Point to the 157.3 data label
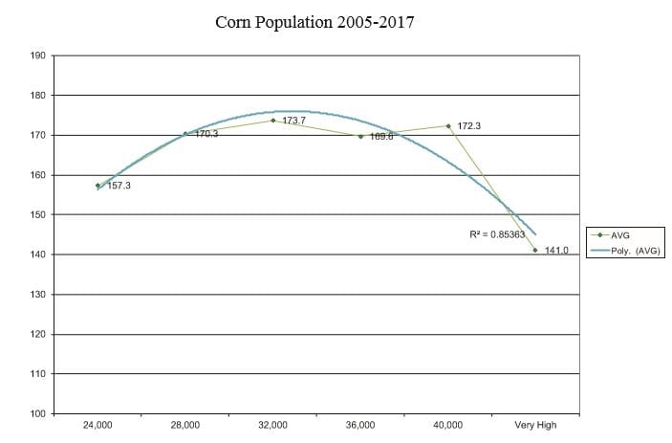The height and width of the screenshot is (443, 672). (x=119, y=185)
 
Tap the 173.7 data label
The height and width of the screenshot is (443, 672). (x=293, y=121)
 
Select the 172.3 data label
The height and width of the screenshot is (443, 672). (x=469, y=125)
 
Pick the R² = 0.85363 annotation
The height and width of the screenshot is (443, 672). (x=497, y=234)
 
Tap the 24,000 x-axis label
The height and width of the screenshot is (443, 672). (x=98, y=425)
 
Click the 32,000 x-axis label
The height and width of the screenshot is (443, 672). (x=273, y=425)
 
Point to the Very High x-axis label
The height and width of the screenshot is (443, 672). (x=534, y=425)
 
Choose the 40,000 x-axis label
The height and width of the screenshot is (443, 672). (x=448, y=425)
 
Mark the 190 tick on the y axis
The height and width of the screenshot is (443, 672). (x=38, y=55)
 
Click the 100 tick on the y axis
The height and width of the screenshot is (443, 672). (x=38, y=413)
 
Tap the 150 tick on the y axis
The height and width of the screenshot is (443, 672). (x=38, y=214)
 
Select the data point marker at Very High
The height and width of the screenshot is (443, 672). (x=535, y=250)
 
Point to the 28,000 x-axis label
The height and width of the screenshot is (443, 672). (x=185, y=425)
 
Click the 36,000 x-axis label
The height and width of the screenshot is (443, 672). (x=360, y=425)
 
